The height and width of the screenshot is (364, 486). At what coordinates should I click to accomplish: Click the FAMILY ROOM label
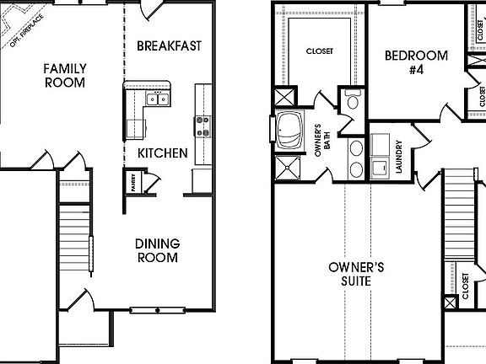[65, 75]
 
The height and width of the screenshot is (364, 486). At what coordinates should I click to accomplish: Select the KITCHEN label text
[162, 153]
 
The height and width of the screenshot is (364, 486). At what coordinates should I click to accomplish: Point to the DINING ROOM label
[157, 250]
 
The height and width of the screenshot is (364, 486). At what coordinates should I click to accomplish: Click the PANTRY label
[133, 182]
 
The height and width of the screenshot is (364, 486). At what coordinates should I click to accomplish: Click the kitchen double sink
[157, 99]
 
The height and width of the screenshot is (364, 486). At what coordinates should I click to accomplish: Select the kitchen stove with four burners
[203, 126]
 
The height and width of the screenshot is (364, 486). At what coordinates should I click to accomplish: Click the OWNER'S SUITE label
[356, 274]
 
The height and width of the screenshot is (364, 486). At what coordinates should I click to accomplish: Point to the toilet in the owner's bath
[354, 103]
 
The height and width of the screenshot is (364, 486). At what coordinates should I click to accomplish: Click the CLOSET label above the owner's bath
[319, 51]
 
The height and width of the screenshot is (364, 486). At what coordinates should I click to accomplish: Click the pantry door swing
[153, 179]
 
